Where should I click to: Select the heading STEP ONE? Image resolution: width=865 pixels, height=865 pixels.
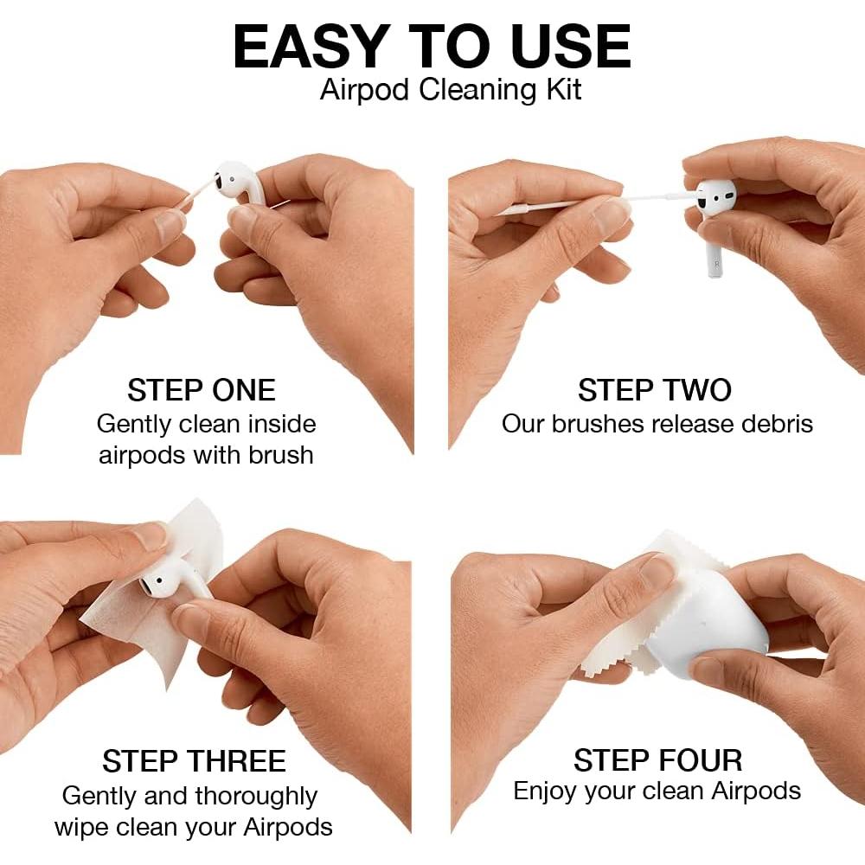201,390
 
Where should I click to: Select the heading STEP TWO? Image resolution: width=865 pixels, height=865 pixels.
655,390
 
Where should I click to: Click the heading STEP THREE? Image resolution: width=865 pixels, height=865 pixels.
194,761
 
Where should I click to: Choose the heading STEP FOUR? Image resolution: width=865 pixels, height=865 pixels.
657,760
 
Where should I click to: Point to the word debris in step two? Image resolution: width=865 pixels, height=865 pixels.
770,424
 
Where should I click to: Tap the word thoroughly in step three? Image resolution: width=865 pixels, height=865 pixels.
256,795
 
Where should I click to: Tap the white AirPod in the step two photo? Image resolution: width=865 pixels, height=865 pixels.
714,216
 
